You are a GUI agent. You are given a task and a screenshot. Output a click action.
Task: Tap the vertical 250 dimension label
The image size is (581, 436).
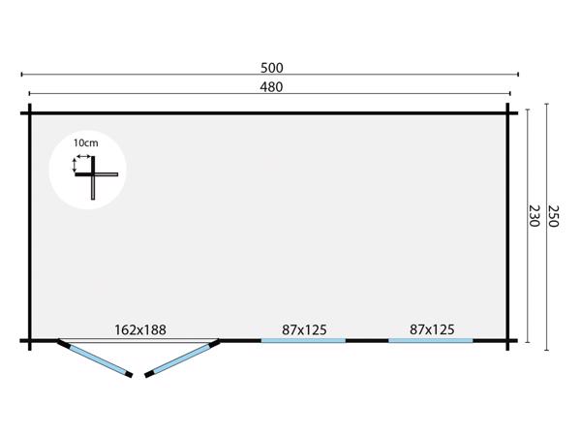554,216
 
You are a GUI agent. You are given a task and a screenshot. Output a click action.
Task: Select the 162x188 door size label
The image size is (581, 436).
140,329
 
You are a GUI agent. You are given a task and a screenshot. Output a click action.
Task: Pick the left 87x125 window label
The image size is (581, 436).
303,329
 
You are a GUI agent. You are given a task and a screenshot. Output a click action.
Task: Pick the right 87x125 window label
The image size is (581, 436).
432,329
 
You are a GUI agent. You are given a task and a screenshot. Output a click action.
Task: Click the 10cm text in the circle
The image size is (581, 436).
84,142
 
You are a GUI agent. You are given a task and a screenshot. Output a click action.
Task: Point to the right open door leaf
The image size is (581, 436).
182,358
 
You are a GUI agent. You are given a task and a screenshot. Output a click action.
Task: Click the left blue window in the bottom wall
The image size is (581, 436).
303,340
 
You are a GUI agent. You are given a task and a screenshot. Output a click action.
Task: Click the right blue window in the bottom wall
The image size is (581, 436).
431,340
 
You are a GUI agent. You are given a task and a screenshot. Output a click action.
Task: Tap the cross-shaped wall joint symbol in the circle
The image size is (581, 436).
94,175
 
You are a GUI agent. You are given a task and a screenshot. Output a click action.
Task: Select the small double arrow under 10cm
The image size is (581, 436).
84,154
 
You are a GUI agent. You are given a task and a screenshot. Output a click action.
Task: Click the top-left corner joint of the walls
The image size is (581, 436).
30,113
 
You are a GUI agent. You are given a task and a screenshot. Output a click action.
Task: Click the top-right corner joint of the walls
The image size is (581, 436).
509,113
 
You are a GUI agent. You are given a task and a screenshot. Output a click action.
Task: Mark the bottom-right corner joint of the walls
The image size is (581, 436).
509,340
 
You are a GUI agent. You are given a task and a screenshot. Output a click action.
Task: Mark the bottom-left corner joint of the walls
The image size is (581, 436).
30,340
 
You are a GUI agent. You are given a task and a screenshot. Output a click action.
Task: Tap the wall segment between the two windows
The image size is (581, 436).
367,340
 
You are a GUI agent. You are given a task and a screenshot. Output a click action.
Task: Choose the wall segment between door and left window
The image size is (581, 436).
240,340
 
